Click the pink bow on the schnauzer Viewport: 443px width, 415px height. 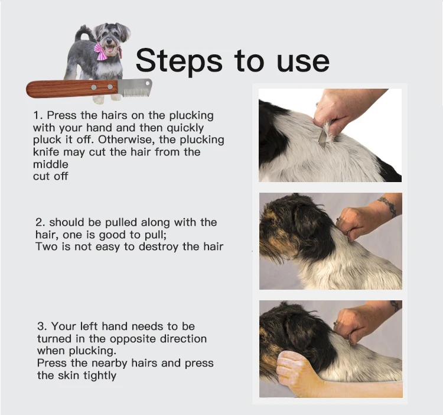(101, 51)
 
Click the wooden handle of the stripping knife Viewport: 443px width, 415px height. (72, 89)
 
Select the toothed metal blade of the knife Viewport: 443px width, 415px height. (135, 87)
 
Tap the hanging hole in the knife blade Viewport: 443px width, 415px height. (147, 83)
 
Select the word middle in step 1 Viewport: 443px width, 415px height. (51, 164)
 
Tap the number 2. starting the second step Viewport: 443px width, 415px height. (40, 222)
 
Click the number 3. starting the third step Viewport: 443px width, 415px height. (42, 326)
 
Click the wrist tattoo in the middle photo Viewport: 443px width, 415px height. (389, 206)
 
